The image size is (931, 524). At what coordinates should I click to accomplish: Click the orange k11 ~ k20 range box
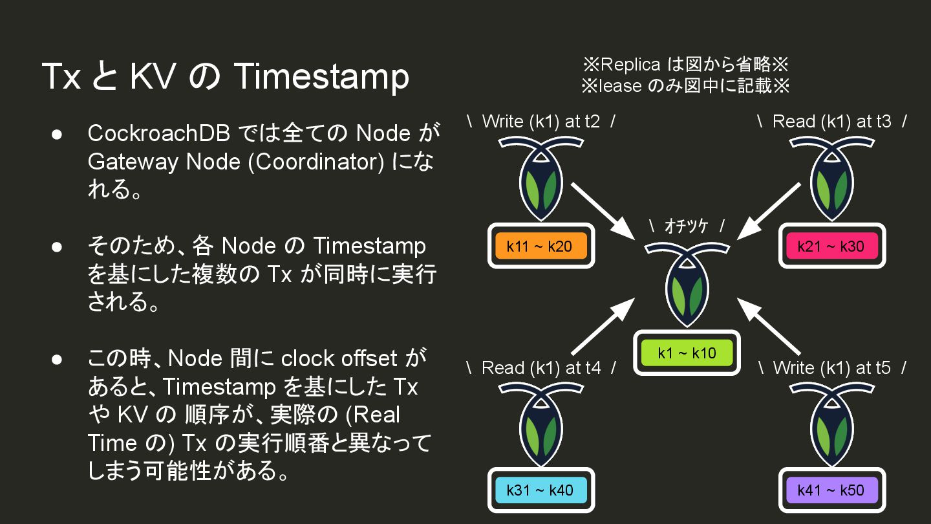click(540, 246)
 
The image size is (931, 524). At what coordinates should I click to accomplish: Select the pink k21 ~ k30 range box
click(831, 246)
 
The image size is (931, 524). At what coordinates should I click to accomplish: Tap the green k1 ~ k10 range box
click(687, 353)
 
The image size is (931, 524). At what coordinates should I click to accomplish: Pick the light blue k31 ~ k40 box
click(540, 490)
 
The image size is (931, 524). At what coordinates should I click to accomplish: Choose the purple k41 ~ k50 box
click(831, 490)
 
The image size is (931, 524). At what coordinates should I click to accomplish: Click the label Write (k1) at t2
click(540, 122)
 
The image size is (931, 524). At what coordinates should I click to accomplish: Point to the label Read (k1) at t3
click(831, 122)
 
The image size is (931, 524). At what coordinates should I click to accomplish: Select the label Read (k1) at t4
click(540, 368)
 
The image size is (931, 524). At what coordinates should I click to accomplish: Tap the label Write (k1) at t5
click(831, 368)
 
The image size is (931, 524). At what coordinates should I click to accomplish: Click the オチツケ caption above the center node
click(686, 226)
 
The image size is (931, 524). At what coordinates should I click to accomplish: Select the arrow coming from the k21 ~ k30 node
click(769, 208)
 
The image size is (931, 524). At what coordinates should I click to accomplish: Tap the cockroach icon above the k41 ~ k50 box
click(831, 424)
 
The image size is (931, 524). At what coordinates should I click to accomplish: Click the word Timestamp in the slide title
click(321, 76)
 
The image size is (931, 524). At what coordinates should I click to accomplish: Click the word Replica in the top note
click(630, 65)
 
